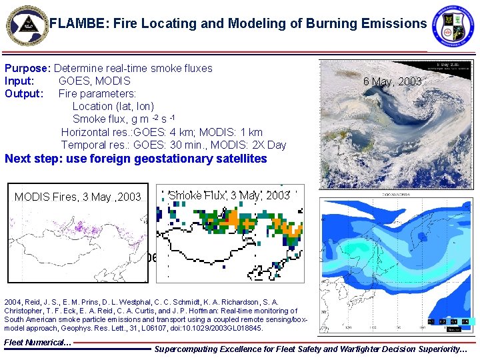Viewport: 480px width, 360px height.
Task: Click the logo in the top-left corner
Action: pyautogui.click(x=26, y=25)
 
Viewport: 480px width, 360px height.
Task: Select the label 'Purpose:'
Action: pyautogui.click(x=28, y=68)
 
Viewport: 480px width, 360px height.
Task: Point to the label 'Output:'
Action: pyautogui.click(x=23, y=93)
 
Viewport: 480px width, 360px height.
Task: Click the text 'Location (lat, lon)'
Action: pyautogui.click(x=113, y=106)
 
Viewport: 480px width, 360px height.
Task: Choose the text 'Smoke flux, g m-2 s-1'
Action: pyautogui.click(x=123, y=119)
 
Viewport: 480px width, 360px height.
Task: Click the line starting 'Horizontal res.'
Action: pyautogui.click(x=161, y=132)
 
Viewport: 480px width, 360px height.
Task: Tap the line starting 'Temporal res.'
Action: pyautogui.click(x=173, y=145)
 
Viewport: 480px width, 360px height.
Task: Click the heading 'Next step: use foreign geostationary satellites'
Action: pyautogui.click(x=136, y=159)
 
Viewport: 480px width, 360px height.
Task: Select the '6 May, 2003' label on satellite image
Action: pyautogui.click(x=392, y=81)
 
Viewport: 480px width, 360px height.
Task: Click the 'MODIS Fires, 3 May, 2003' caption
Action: pyautogui.click(x=78, y=197)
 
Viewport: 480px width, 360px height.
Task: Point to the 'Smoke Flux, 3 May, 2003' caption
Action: pyautogui.click(x=229, y=195)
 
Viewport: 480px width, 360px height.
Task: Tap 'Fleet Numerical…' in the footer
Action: pyautogui.click(x=37, y=343)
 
